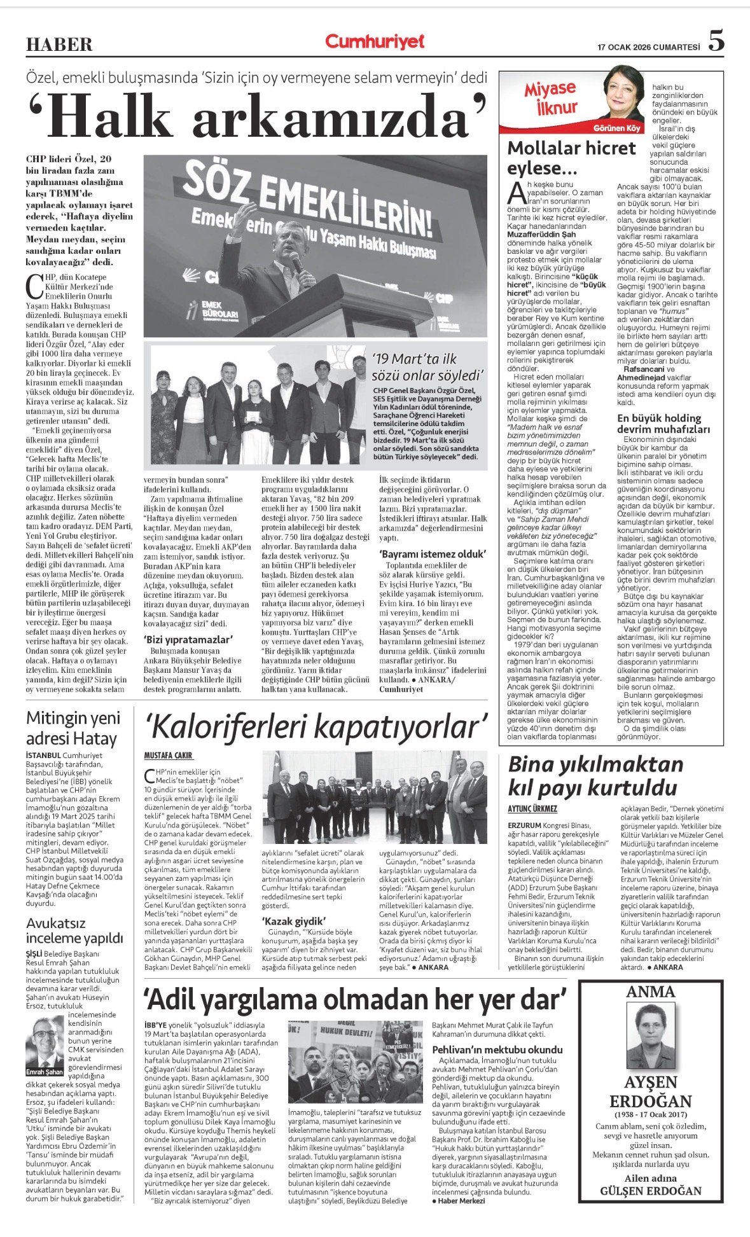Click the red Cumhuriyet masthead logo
tap(375, 42)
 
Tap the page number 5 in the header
tap(716, 41)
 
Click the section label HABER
tap(59, 45)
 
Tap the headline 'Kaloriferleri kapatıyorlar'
tap(316, 727)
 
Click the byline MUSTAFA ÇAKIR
tap(168, 755)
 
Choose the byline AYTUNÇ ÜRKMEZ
tap(532, 809)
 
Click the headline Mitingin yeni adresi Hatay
tap(73, 728)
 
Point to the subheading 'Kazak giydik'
tap(294, 921)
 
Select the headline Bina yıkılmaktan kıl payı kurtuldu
tap(595, 776)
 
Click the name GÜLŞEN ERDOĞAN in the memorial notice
tap(650, 1191)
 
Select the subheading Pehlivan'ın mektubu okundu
tap(497, 1050)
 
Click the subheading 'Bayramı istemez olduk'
tap(433, 553)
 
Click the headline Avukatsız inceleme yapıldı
tap(74, 930)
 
